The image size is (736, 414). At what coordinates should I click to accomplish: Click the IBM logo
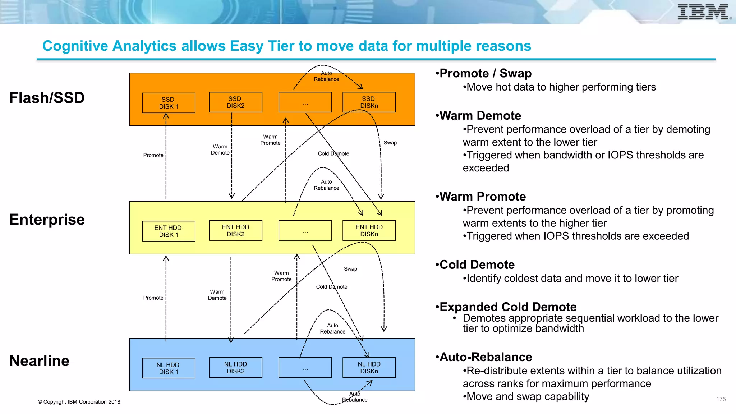tap(703, 12)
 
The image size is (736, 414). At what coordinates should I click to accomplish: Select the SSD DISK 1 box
tap(169, 103)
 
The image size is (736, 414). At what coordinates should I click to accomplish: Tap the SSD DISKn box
tap(369, 102)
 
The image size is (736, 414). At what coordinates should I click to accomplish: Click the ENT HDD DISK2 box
tap(235, 230)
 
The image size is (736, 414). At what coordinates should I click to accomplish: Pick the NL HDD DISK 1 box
tap(169, 368)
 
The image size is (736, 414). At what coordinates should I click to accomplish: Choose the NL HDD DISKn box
tap(369, 367)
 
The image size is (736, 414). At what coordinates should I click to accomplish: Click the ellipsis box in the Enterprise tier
tap(305, 231)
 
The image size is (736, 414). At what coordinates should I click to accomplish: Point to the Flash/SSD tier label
tap(47, 98)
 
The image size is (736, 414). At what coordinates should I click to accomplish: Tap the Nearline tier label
tap(40, 360)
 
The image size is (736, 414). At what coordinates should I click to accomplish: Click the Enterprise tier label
tap(47, 219)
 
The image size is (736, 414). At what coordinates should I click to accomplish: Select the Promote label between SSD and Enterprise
tap(153, 155)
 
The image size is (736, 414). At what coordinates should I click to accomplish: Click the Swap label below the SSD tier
tap(390, 143)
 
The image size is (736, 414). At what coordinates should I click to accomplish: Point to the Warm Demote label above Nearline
tap(217, 295)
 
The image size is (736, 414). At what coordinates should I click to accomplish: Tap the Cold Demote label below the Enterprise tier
tap(331, 287)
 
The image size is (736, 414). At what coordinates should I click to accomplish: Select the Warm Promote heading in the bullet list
tap(483, 197)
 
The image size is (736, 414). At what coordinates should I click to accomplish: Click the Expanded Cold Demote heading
tap(508, 307)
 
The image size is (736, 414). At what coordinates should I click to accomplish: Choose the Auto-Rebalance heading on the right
tap(486, 357)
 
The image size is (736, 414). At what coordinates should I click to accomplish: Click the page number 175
tap(721, 399)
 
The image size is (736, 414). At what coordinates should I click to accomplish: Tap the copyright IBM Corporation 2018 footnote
tap(80, 402)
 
